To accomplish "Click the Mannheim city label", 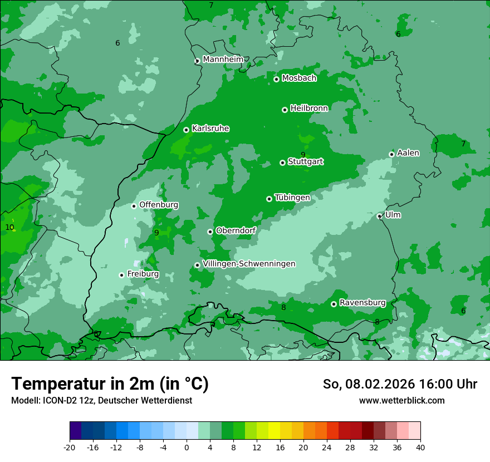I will point(223,60).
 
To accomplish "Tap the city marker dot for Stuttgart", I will point(282,163).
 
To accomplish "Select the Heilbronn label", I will point(309,109).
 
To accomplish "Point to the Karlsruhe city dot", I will point(187,130).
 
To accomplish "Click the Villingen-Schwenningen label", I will point(249,264).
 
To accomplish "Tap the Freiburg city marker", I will point(121,275).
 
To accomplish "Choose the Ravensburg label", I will point(362,303).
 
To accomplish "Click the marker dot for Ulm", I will point(380,217).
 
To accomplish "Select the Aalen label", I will point(408,153).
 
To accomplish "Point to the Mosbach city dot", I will point(276,79).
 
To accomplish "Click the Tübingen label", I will point(292,198).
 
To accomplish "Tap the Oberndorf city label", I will point(236,230).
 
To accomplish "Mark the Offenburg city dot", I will point(134,206).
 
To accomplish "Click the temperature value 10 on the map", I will point(9,227).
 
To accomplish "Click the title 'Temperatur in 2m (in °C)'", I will point(110,384).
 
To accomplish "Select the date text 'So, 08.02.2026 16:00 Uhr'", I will point(400,384).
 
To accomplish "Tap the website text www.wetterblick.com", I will point(401,401).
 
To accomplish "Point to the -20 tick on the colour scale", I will point(70,447).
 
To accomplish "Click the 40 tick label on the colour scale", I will point(420,447).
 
